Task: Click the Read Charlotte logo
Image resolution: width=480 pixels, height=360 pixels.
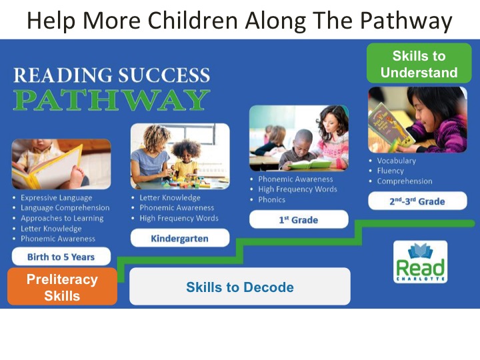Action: pos(420,262)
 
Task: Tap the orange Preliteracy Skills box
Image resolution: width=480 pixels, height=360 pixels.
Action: pos(62,287)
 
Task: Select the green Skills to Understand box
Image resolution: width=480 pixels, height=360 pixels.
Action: pos(419,63)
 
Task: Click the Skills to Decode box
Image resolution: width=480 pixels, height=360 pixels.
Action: pos(240,287)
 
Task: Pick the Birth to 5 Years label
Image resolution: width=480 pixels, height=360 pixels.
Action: pos(61,257)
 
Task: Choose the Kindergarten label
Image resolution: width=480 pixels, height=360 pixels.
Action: pos(180,238)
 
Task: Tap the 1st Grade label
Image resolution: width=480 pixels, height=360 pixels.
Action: pos(299,219)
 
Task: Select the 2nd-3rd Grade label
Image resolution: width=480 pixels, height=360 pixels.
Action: pos(417,201)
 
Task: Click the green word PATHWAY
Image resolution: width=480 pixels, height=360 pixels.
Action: pos(112,100)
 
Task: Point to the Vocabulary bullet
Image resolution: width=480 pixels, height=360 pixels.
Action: pos(397,161)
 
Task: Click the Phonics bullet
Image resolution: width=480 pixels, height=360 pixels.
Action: pos(272,199)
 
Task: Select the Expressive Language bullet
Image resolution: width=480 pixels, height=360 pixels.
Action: pos(56,198)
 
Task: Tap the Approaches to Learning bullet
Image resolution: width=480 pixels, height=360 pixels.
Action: pos(62,218)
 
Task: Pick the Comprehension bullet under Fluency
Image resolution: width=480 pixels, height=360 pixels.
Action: pos(405,181)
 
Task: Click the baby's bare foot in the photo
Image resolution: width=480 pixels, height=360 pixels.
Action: pos(76,177)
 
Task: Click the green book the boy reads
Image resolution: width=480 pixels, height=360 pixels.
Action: pos(309,165)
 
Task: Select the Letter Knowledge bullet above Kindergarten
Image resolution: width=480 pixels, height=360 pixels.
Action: pos(170,198)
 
